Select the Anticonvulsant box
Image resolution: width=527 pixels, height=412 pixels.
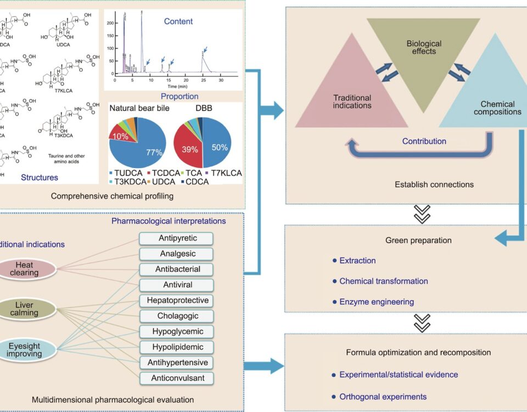(176, 378)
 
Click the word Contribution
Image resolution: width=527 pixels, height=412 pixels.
(424, 141)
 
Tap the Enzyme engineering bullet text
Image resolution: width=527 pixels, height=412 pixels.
(377, 302)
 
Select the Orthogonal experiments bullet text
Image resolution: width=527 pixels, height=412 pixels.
(383, 396)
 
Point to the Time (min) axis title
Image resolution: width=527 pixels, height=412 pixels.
(180, 87)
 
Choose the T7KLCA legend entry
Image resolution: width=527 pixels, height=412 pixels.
(223, 172)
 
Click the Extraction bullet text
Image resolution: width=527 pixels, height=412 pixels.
(357, 260)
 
